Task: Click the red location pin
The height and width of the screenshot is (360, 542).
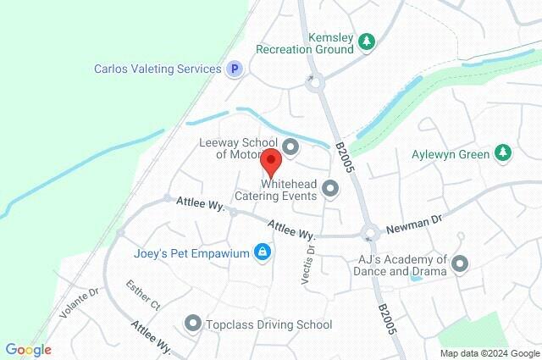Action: tap(270, 160)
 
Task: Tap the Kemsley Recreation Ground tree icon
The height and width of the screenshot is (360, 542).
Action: tap(367, 42)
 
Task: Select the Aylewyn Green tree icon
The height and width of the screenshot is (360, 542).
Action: tap(503, 152)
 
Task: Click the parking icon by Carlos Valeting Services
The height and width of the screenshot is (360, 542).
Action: tap(234, 69)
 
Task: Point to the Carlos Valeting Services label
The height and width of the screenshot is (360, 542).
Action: tap(158, 69)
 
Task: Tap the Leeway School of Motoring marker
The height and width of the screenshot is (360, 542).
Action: tap(291, 148)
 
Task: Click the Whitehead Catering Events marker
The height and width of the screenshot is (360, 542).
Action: tap(330, 188)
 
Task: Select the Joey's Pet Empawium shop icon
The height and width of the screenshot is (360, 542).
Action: tap(263, 252)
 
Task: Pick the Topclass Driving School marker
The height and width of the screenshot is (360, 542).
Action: tap(192, 323)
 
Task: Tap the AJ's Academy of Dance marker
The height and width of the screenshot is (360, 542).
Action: tap(460, 264)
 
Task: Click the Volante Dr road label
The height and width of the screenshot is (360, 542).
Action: tap(80, 302)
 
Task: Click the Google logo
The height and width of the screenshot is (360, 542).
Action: tap(28, 350)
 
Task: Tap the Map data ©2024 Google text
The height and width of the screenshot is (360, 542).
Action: tap(489, 353)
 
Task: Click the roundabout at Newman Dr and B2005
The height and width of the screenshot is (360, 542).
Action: tap(369, 231)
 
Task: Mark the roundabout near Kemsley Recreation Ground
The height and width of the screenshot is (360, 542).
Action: tap(316, 83)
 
